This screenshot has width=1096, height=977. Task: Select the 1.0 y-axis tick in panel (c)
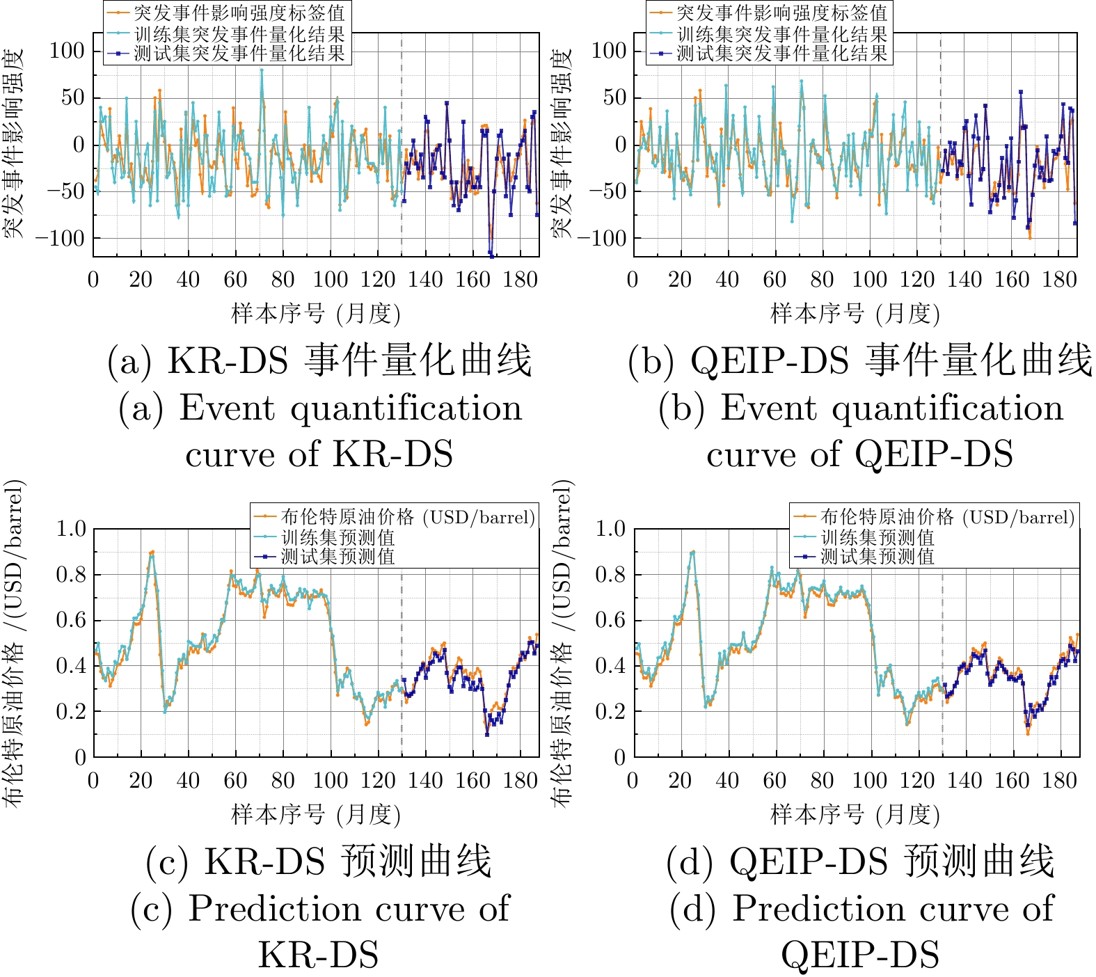pyautogui.click(x=71, y=529)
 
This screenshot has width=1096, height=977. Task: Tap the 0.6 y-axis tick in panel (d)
pyautogui.click(x=611, y=620)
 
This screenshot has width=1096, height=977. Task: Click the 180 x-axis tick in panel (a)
pyautogui.click(x=520, y=280)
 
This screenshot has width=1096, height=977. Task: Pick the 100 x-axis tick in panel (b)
pyautogui.click(x=869, y=280)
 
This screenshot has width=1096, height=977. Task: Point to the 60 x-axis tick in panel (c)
pyautogui.click(x=235, y=780)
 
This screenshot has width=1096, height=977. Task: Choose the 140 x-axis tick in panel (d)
pyautogui.click(x=964, y=780)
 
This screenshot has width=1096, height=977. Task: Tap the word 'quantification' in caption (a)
pyautogui.click(x=406, y=408)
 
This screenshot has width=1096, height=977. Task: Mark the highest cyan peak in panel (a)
pyautogui.click(x=262, y=70)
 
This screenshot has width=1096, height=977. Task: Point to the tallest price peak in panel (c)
pyautogui.click(x=152, y=552)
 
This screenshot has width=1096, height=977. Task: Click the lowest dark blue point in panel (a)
pyautogui.click(x=491, y=255)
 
